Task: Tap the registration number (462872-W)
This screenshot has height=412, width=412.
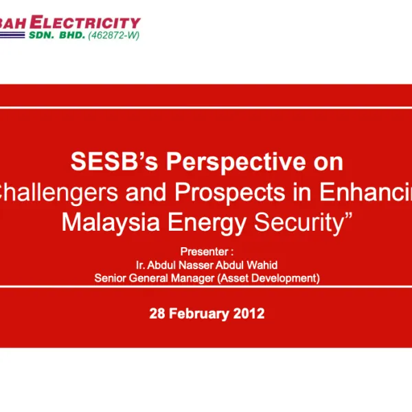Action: (113, 35)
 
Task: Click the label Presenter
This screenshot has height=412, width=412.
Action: (203, 252)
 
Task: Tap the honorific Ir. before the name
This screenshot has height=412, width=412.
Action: (141, 265)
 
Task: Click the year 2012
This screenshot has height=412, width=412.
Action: (248, 314)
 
